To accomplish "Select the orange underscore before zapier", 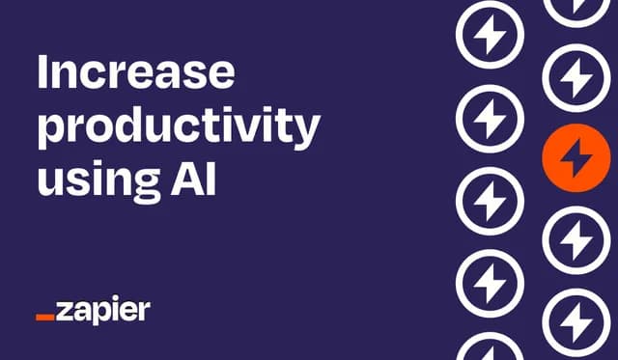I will [45, 317].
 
